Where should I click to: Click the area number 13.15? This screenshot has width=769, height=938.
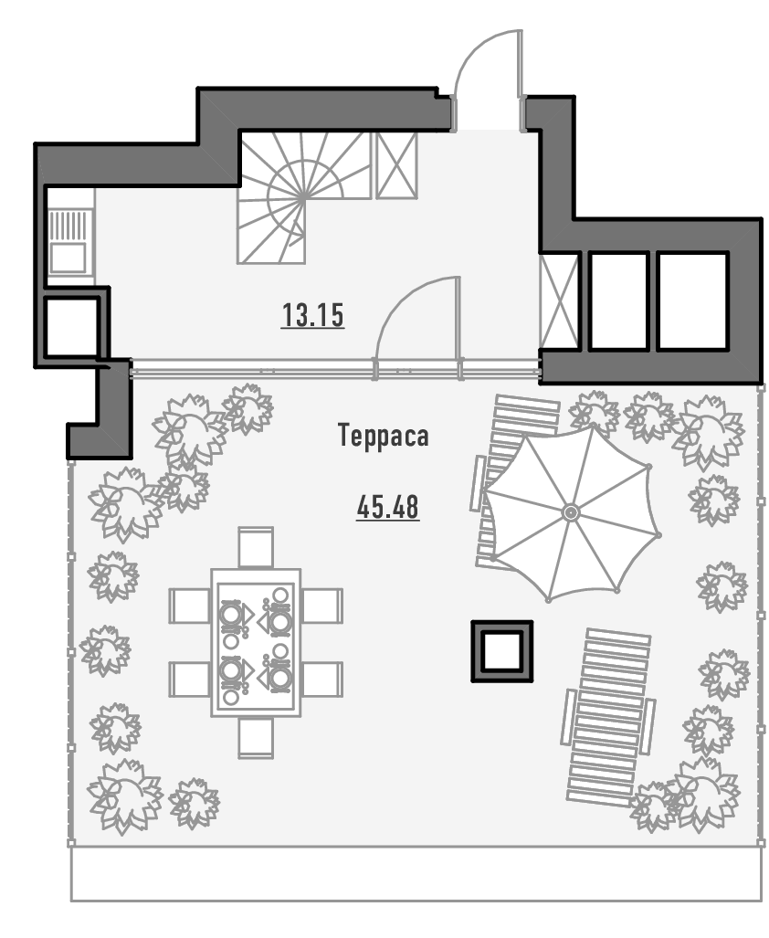(x=312, y=316)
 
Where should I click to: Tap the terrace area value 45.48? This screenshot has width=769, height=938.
(x=388, y=507)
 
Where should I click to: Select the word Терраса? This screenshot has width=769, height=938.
(x=383, y=437)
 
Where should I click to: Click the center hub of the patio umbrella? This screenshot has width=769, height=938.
(x=571, y=513)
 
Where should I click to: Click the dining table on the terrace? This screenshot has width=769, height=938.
(x=254, y=642)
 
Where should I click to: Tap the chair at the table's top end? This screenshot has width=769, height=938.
(x=255, y=547)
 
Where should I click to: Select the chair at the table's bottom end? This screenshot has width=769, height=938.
(x=255, y=737)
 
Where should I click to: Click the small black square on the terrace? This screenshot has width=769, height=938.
(x=501, y=650)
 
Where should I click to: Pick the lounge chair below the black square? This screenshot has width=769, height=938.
(x=608, y=715)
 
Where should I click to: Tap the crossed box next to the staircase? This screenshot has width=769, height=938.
(x=396, y=164)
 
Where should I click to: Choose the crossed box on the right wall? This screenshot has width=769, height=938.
(x=559, y=301)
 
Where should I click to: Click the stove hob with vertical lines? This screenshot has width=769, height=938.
(x=69, y=224)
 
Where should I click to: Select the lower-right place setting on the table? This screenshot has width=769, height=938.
(x=277, y=677)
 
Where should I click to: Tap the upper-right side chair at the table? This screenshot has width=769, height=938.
(x=322, y=606)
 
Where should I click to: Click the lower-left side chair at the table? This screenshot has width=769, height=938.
(x=189, y=679)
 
